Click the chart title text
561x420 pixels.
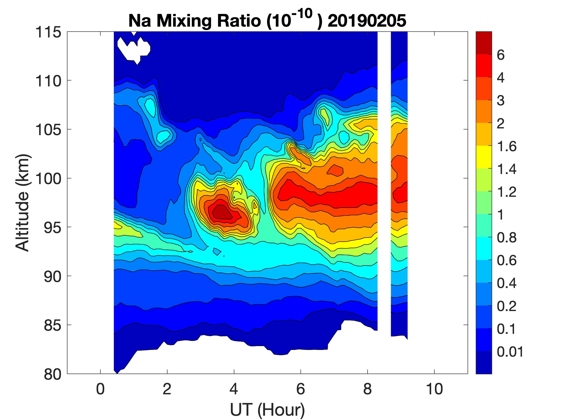point(267,20)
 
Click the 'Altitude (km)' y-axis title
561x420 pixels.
point(23,203)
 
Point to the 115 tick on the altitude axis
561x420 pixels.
point(48,32)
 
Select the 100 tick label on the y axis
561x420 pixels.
point(48,179)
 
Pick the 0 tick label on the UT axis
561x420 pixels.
point(101,389)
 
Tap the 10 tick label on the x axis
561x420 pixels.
point(435,389)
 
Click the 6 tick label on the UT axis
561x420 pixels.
point(301,389)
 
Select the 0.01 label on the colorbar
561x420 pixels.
point(510,352)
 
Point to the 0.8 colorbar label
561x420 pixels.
point(506,238)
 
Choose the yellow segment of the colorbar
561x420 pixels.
point(484,157)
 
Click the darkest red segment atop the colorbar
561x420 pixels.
point(484,43)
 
